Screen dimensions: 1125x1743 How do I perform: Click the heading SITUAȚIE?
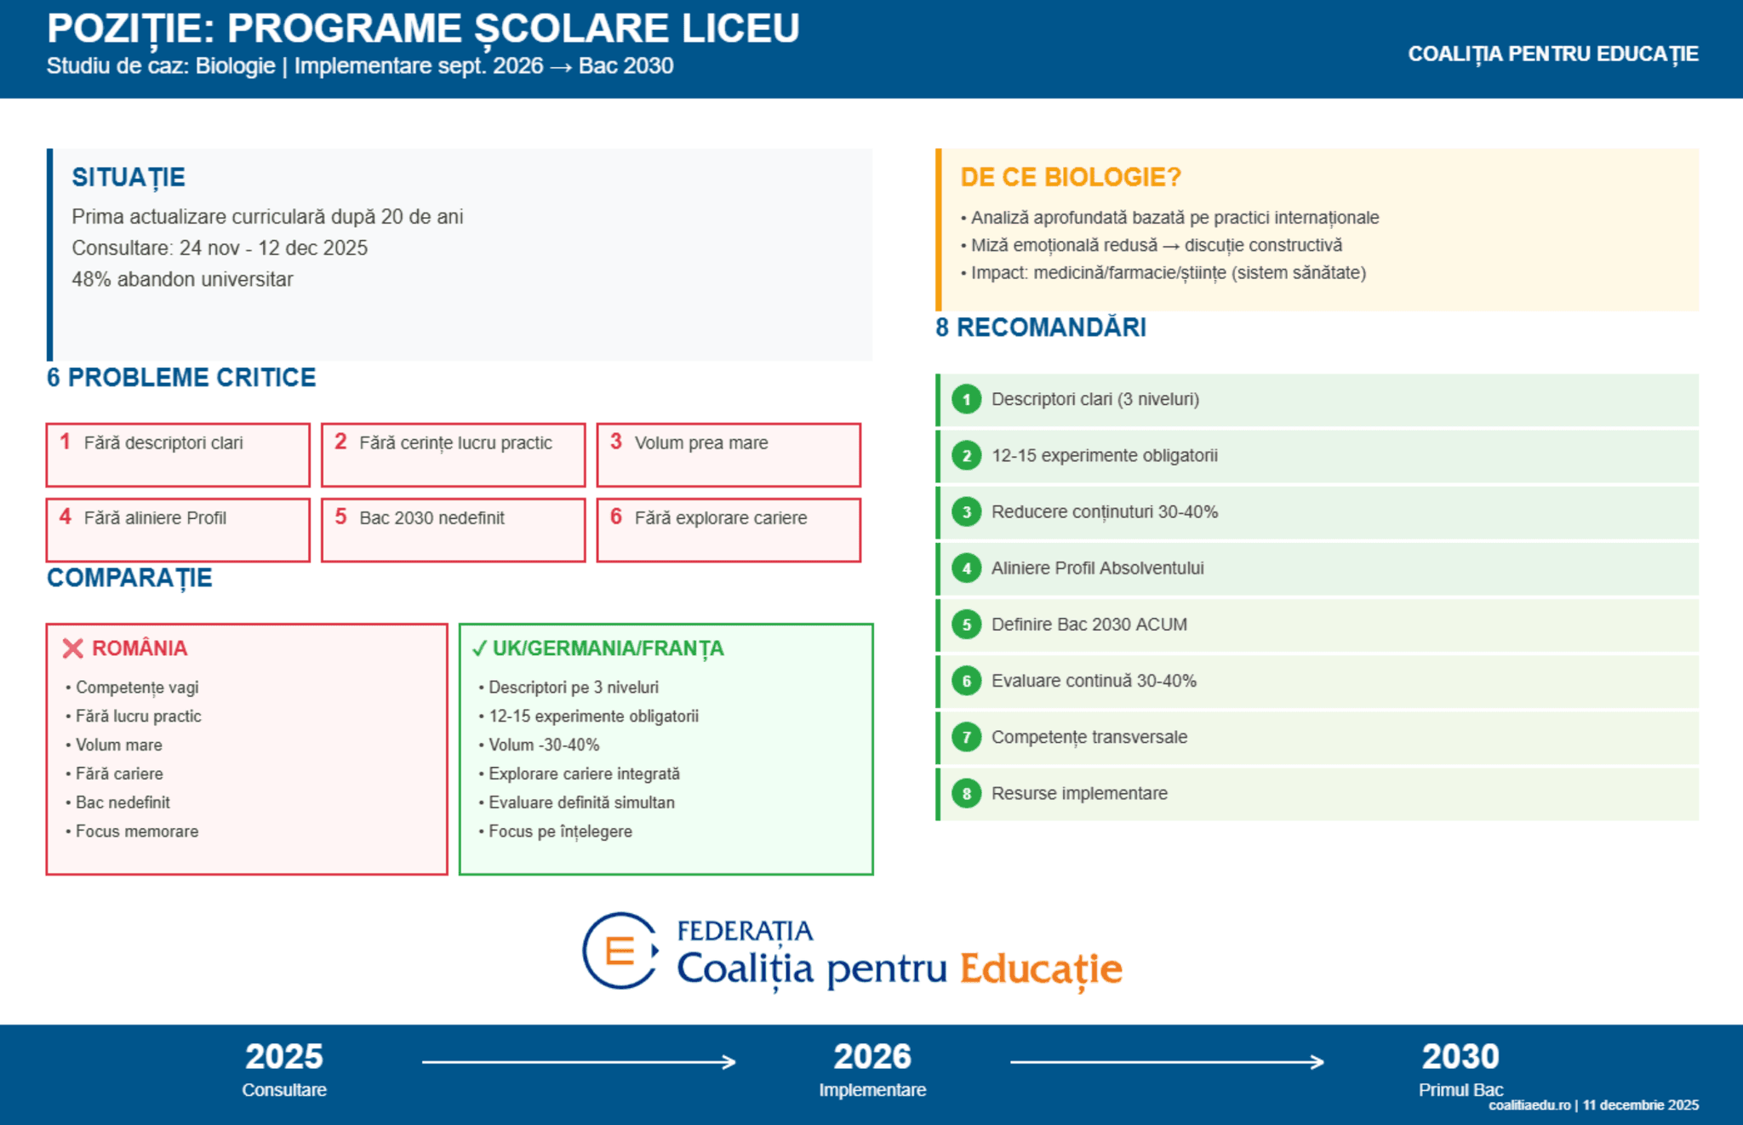(129, 177)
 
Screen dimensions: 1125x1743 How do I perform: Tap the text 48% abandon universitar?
(182, 279)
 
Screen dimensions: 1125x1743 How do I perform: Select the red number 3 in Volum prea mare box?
(616, 441)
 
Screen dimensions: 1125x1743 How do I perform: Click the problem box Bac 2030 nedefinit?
(453, 529)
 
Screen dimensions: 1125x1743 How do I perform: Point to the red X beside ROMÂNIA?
(72, 648)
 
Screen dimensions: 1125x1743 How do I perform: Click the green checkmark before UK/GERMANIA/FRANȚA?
(479, 648)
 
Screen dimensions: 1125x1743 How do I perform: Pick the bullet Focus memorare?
(137, 831)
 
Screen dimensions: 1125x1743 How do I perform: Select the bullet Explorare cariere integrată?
(584, 774)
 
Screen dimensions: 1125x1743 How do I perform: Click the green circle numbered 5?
(966, 625)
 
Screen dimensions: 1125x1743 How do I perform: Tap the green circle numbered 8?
(966, 794)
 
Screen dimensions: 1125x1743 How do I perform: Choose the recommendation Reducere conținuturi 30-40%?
(1104, 511)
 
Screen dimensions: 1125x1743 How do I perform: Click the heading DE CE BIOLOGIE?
(1070, 177)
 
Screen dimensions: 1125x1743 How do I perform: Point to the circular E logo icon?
(620, 951)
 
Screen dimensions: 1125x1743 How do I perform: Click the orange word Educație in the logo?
(1041, 968)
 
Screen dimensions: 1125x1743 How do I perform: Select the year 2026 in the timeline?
(872, 1056)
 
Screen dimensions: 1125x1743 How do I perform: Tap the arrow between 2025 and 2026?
(579, 1062)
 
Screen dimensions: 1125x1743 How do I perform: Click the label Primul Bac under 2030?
(1460, 1089)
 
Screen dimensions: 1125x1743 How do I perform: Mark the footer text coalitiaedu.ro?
(1529, 1105)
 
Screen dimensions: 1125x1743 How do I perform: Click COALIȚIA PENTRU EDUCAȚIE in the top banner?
(1552, 54)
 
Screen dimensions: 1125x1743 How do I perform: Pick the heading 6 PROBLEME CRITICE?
(181, 377)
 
